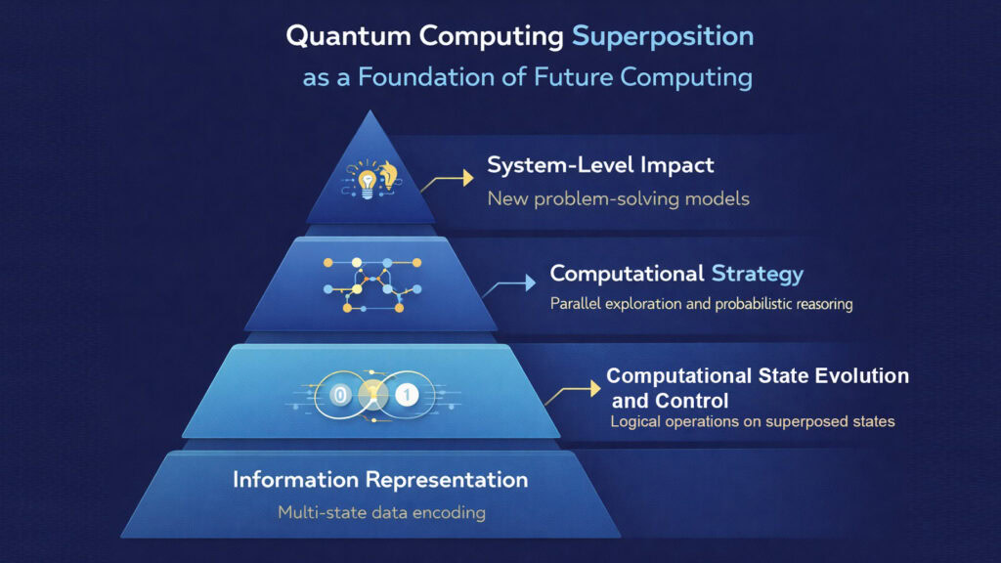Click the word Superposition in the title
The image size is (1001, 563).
point(662,37)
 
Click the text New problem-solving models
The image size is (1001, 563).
point(618,198)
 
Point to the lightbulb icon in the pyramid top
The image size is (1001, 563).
point(368,180)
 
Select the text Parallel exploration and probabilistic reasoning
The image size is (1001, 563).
point(701,304)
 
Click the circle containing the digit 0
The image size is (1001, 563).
point(339,395)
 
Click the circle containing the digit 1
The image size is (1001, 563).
point(408,395)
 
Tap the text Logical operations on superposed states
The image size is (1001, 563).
point(752,422)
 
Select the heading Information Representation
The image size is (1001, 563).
point(380,480)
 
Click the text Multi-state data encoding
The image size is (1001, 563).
point(380,512)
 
